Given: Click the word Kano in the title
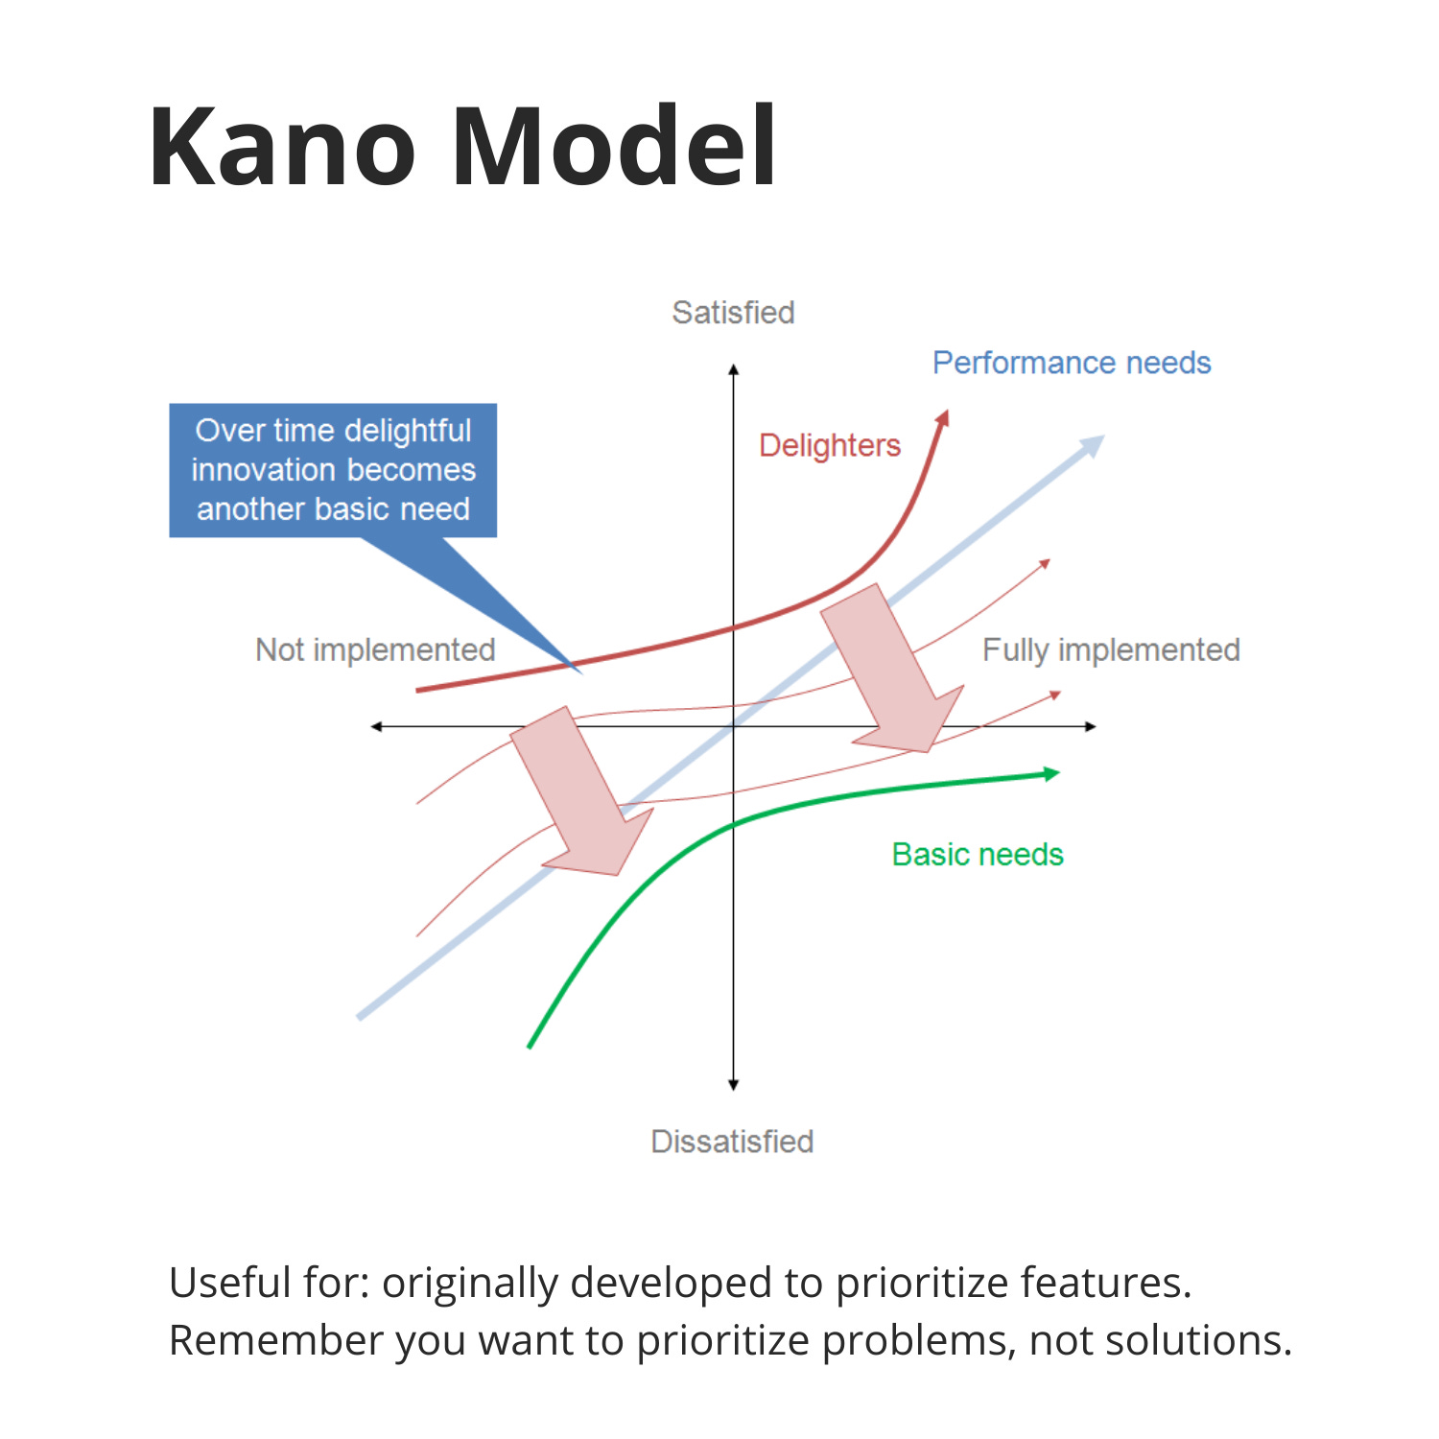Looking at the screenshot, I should (282, 147).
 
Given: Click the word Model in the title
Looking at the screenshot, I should (614, 147).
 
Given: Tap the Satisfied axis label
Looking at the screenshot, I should (733, 313).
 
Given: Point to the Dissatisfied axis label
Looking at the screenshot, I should (732, 1142).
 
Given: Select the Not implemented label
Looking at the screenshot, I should (375, 650).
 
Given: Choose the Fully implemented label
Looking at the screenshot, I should (1111, 650).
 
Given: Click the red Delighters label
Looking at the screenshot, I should (830, 445).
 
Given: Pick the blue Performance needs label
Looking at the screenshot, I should (1072, 363).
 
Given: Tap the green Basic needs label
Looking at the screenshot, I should (978, 855).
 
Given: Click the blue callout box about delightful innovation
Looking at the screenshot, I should (333, 470).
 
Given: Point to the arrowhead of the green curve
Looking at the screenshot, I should (1051, 773).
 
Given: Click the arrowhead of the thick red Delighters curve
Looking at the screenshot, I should (943, 418).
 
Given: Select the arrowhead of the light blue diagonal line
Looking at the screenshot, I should (1093, 445).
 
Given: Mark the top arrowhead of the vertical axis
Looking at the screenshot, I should (733, 370).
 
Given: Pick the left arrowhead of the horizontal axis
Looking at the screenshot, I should (377, 726).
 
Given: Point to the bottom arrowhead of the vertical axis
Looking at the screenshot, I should (733, 1085).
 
